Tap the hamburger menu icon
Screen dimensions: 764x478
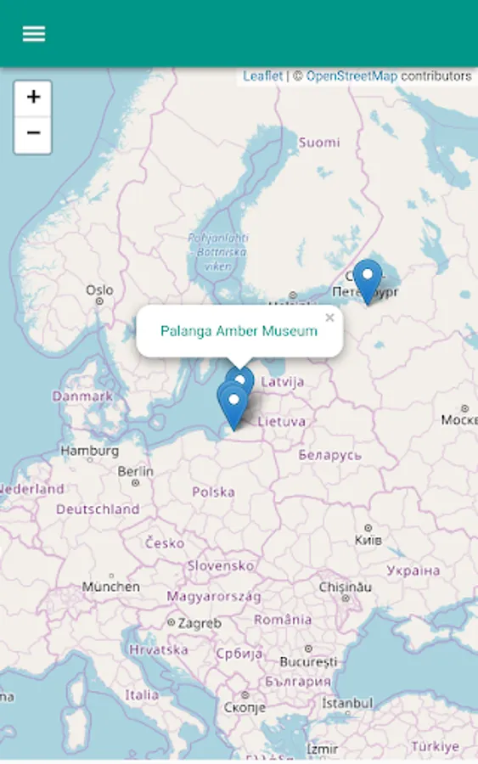[34, 34]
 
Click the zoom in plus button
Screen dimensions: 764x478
[33, 98]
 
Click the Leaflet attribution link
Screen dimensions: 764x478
[262, 76]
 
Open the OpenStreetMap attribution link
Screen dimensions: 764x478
[351, 76]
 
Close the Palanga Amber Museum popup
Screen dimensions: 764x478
[329, 318]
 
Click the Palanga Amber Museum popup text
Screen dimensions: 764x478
[239, 331]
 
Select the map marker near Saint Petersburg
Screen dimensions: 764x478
[367, 278]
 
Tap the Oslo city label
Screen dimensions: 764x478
[99, 290]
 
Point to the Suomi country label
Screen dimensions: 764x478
[318, 143]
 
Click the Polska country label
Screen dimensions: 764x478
[213, 492]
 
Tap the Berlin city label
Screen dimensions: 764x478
[136, 471]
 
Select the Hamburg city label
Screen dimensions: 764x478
[88, 451]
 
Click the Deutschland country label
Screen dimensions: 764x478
[98, 509]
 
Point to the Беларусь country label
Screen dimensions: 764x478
[329, 456]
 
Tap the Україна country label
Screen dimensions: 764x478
[413, 570]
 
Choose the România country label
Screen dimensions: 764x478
[283, 620]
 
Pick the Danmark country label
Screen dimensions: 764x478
[82, 396]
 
